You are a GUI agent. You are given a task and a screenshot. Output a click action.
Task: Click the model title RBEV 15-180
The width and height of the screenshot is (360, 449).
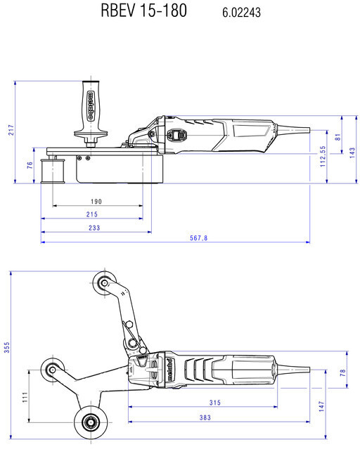click(x=144, y=11)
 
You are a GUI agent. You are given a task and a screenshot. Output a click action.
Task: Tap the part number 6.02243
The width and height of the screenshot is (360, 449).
click(x=241, y=13)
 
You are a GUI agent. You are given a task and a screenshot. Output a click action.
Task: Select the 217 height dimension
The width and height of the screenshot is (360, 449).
click(x=11, y=130)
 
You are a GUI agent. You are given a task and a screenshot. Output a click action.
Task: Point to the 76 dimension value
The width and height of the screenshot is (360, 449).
click(x=30, y=165)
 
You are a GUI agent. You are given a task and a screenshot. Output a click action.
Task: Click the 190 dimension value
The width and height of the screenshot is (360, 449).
click(x=96, y=202)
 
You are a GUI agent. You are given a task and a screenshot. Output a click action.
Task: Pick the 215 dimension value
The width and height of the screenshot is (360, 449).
click(x=92, y=214)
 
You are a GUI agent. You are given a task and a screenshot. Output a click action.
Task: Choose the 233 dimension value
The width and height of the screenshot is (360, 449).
click(x=94, y=228)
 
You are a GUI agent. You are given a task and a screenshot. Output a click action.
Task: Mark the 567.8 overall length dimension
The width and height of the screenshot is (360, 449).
click(x=198, y=238)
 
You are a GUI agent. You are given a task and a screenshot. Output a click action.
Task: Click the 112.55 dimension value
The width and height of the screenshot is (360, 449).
click(x=323, y=157)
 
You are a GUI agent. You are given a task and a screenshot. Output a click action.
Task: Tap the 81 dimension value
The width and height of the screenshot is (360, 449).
click(x=338, y=137)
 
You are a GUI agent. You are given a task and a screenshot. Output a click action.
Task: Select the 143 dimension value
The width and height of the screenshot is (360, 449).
click(x=352, y=152)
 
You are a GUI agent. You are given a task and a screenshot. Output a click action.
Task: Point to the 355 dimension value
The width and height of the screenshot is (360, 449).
click(x=6, y=347)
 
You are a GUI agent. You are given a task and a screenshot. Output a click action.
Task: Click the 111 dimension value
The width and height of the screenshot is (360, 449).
click(x=25, y=398)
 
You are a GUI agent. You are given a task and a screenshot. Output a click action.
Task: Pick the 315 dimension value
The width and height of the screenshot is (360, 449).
click(x=215, y=403)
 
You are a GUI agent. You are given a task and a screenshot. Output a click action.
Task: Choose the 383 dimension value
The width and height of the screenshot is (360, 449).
click(x=205, y=418)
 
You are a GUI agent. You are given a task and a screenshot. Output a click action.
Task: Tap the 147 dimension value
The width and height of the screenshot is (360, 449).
click(x=321, y=406)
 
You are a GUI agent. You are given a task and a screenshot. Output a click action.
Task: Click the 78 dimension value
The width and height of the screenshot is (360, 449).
click(x=343, y=372)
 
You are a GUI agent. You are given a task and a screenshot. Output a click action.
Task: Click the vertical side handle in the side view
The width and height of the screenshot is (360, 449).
click(x=91, y=114)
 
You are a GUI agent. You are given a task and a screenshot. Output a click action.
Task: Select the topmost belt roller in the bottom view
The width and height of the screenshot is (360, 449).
click(x=105, y=283)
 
